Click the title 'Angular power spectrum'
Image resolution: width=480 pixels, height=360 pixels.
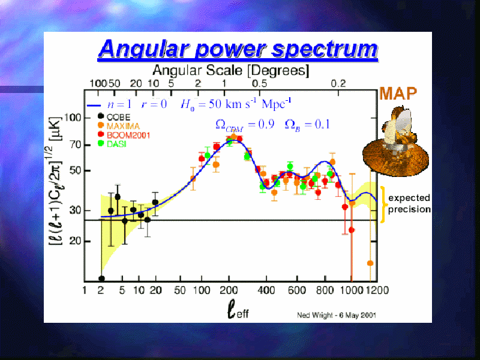pos(238,49)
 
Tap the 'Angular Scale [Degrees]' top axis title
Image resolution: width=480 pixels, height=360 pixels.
pos(231,70)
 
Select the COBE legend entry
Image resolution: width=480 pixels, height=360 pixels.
pos(114,117)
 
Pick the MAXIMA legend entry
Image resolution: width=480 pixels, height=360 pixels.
pos(118,126)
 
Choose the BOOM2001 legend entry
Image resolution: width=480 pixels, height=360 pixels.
pos(124,134)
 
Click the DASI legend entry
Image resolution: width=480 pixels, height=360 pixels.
pos(112,143)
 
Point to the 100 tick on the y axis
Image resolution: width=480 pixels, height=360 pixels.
pos(72,118)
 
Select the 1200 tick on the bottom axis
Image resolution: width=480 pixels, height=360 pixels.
pos(378,290)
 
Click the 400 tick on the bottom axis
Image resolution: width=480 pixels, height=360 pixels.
pos(266,290)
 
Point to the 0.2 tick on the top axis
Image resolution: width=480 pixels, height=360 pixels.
pos(338,83)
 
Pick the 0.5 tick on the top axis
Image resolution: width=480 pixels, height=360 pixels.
pos(260,83)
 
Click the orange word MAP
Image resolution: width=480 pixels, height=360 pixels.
pos(398,94)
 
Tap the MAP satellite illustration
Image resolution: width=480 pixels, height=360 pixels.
pos(395,142)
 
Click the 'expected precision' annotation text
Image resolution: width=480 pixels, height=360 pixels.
pos(409,203)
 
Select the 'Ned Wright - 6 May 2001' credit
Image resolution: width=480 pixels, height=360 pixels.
pos(337,315)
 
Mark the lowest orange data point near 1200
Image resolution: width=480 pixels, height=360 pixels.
pos(370,263)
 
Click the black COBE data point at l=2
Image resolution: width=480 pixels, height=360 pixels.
pos(101,278)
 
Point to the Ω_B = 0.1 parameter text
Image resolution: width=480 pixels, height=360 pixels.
pos(307,125)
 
